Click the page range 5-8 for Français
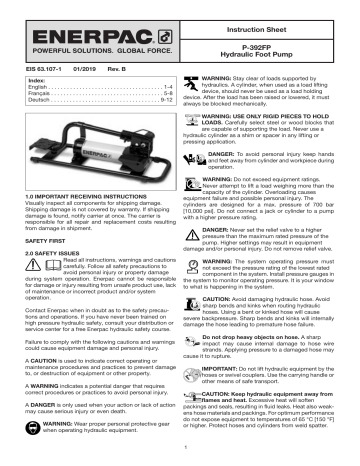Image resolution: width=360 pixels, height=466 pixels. coord(154,94)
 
